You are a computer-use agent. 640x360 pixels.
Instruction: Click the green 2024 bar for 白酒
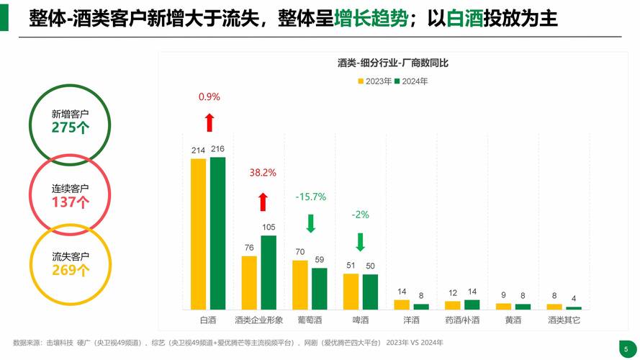[217, 233]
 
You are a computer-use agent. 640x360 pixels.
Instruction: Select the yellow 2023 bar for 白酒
[198, 234]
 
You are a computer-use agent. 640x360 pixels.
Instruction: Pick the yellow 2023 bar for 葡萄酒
[300, 284]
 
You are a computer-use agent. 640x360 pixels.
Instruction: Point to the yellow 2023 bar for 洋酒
[402, 305]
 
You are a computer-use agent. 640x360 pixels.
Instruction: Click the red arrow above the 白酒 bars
[209, 122]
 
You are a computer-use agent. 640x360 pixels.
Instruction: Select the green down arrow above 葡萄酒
[310, 223]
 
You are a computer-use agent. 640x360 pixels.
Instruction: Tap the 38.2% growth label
[263, 173]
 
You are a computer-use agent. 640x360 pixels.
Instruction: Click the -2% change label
[360, 215]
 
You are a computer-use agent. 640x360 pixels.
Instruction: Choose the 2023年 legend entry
[374, 81]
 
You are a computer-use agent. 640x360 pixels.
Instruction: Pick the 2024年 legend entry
[411, 81]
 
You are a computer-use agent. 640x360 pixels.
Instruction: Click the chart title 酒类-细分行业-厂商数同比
[393, 63]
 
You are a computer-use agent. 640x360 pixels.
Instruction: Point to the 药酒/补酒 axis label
[461, 320]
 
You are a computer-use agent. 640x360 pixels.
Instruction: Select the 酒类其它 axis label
[564, 320]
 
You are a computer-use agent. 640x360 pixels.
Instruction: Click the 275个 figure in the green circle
[70, 127]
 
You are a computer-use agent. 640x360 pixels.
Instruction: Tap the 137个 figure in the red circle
[70, 202]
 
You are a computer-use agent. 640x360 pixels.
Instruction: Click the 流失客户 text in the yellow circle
[70, 256]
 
